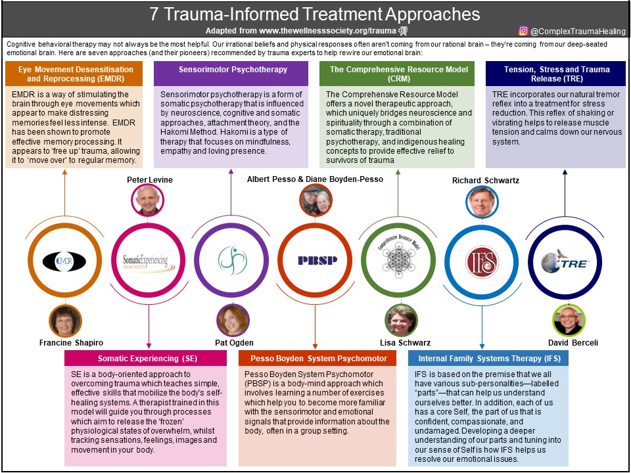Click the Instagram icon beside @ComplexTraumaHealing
point(523,30)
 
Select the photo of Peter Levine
point(147,200)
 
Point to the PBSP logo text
point(317,260)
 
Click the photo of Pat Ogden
point(233,321)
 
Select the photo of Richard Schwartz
point(482,201)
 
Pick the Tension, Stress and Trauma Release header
point(555,74)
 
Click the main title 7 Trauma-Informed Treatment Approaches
point(315,14)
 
